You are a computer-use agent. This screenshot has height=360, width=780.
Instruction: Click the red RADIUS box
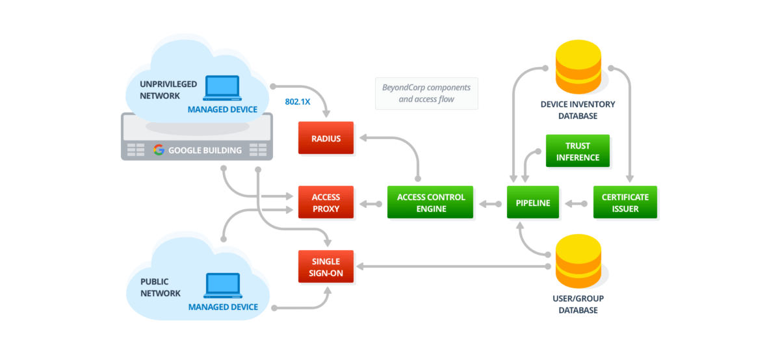[326, 138]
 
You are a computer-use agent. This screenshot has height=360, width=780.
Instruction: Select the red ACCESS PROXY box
[326, 202]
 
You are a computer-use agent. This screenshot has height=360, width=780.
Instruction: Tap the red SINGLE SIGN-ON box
[326, 266]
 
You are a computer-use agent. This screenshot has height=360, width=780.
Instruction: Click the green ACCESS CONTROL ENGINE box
[430, 202]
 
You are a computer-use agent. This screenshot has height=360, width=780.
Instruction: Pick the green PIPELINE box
[533, 202]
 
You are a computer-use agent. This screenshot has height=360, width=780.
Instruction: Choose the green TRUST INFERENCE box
[577, 151]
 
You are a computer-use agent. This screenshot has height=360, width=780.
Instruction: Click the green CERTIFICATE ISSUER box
[625, 202]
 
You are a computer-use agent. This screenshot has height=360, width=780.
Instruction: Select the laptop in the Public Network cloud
[222, 286]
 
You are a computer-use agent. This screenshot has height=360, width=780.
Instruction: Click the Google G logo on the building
[158, 150]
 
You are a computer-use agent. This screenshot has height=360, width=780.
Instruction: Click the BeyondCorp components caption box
[426, 94]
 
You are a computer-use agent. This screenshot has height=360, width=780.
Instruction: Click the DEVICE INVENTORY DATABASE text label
[578, 110]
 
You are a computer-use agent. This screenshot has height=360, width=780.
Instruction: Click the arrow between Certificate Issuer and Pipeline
[576, 203]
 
